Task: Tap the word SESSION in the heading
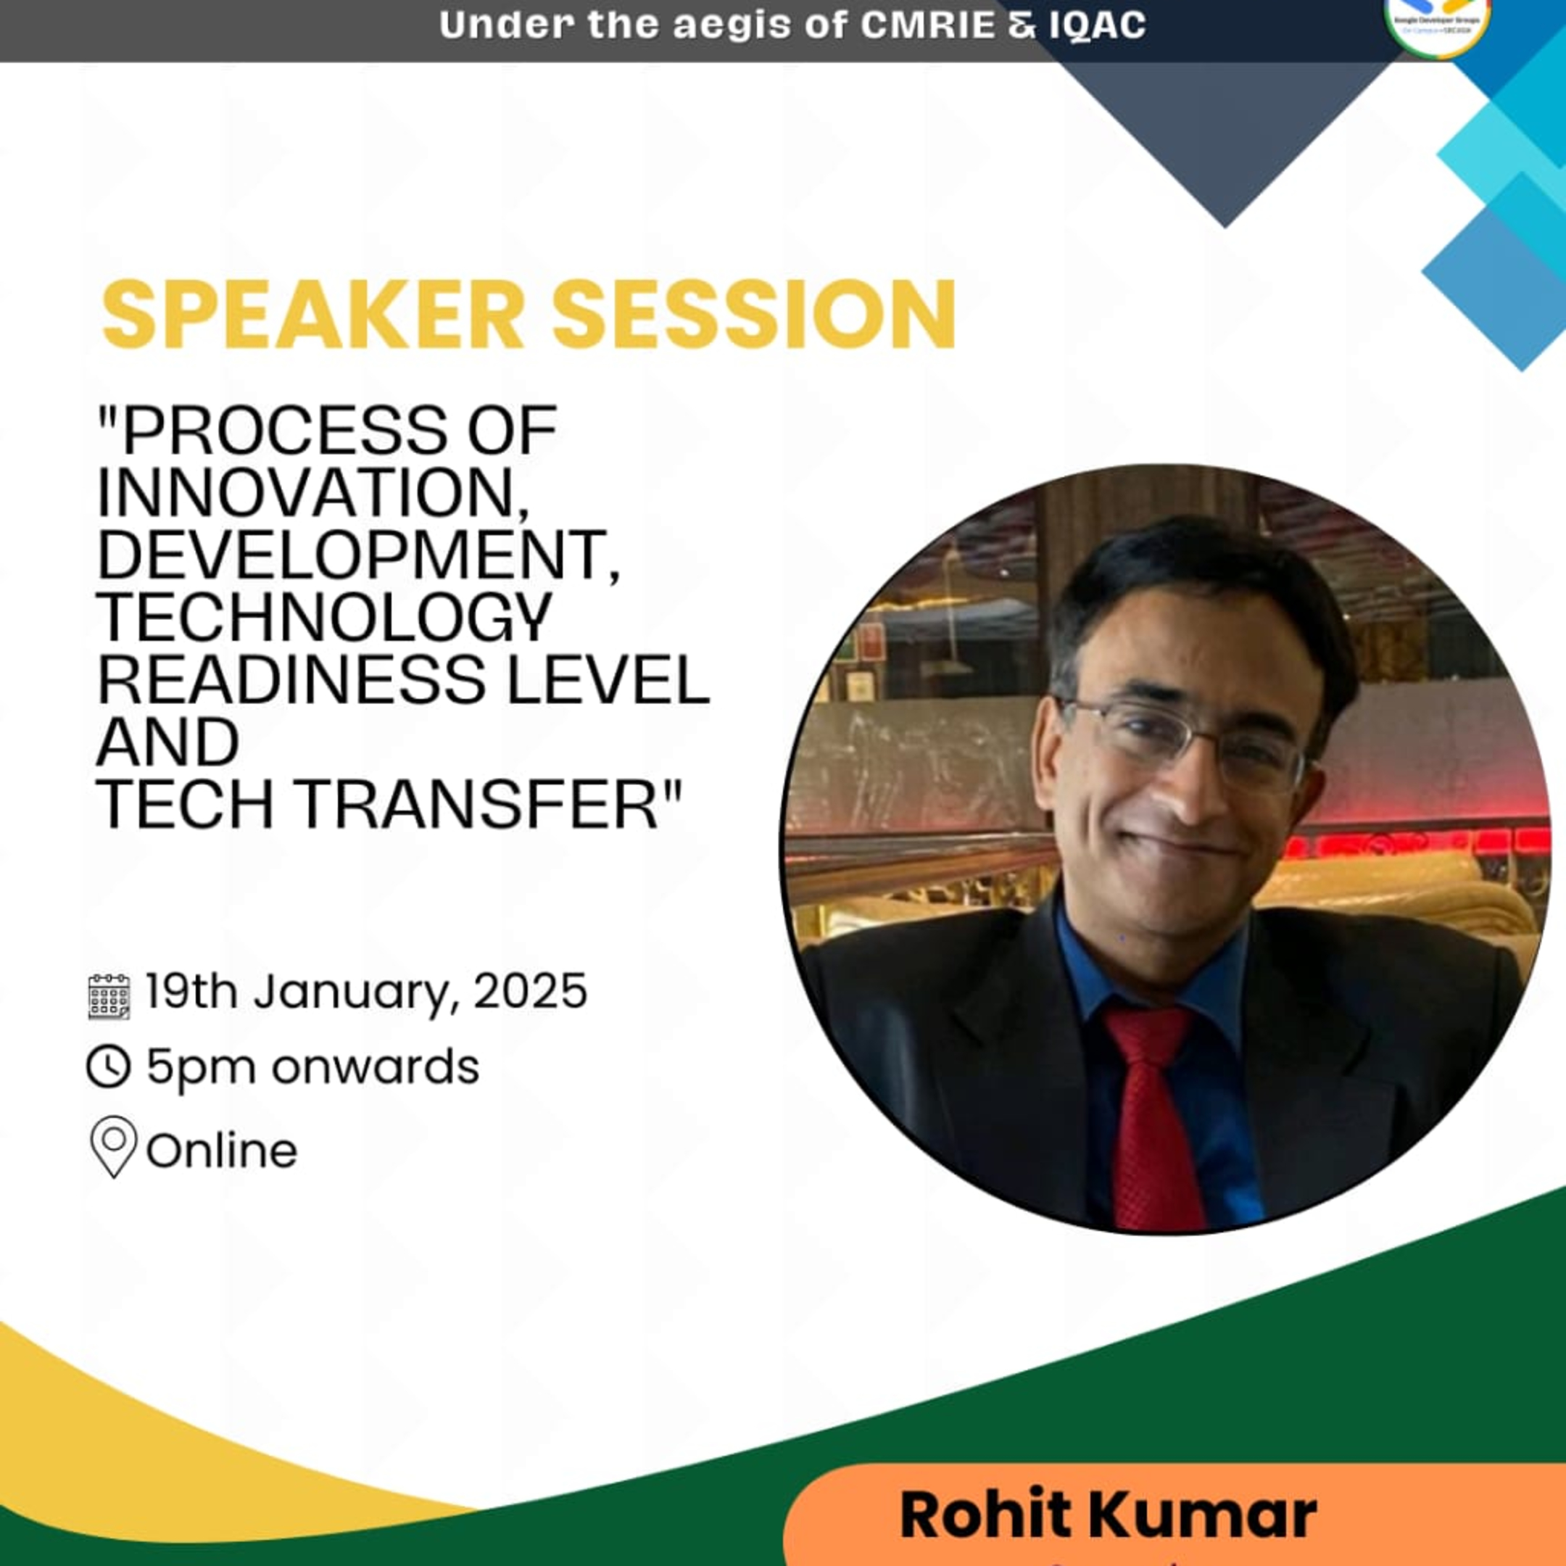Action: click(754, 315)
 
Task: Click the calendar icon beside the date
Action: click(109, 996)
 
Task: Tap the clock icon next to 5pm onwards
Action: click(109, 1066)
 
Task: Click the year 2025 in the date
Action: click(530, 990)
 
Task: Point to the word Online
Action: click(222, 1150)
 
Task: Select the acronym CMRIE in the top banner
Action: click(927, 25)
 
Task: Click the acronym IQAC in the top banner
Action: click(1098, 25)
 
